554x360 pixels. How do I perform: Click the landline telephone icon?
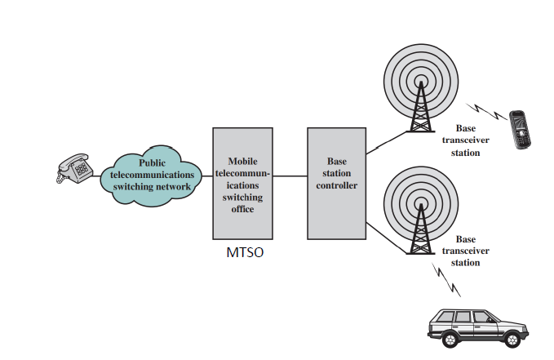tap(74, 169)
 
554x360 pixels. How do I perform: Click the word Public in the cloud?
tap(152, 162)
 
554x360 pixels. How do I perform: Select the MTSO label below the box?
tap(245, 252)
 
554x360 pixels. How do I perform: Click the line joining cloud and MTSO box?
tap(204, 175)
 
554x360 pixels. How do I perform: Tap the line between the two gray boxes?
tap(290, 175)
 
